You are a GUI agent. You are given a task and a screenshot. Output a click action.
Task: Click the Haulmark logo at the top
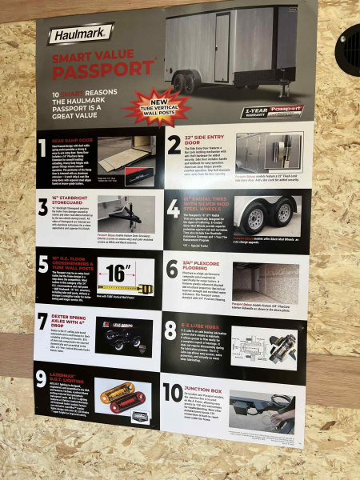pos(80,34)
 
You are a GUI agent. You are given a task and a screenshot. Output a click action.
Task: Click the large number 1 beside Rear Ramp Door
pos(42,147)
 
